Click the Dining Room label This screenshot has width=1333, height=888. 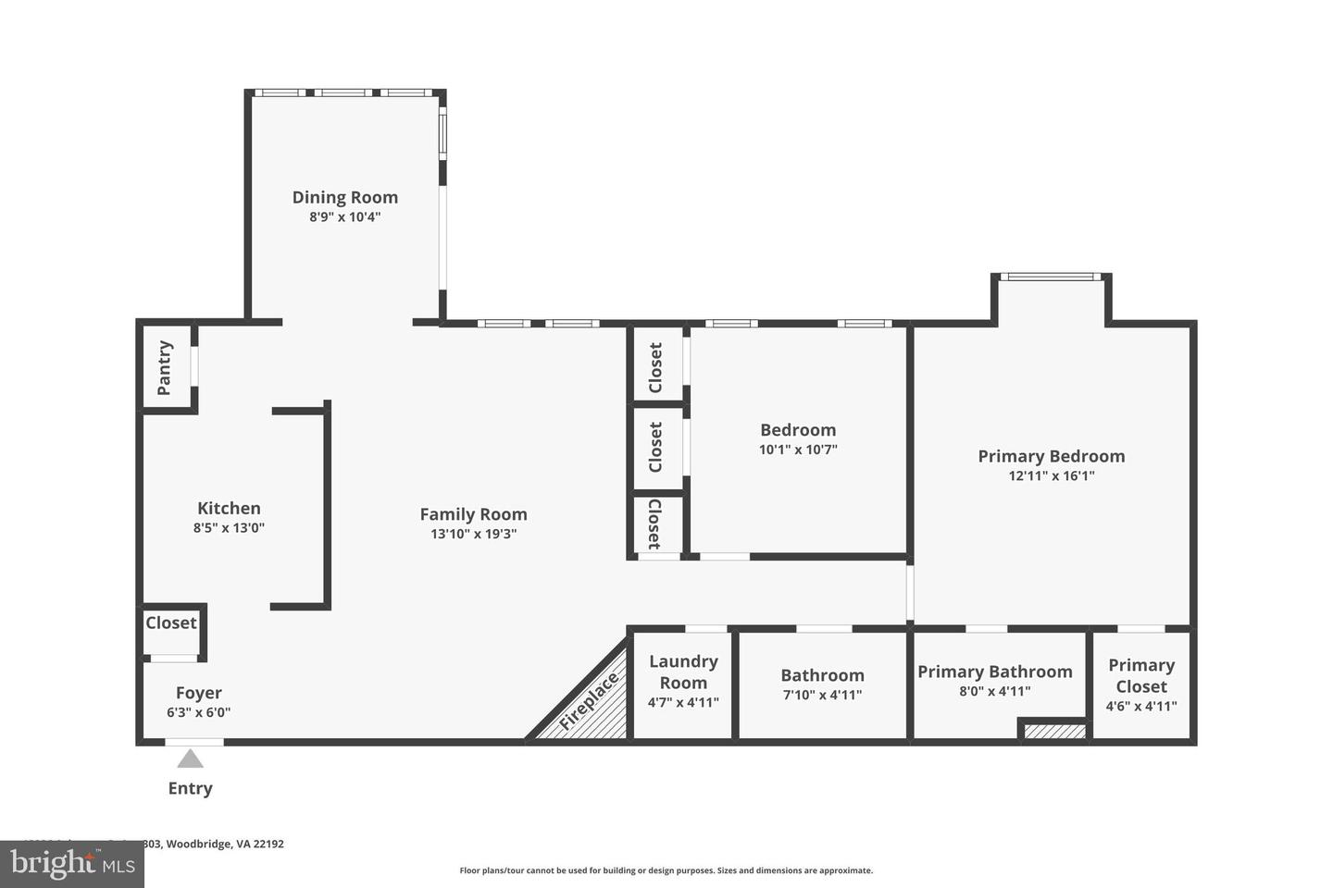pyautogui.click(x=344, y=197)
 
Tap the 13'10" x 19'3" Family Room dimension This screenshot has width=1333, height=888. pyautogui.click(x=473, y=534)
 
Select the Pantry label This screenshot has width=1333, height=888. pyautogui.click(x=165, y=367)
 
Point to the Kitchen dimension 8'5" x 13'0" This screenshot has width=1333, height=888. pyautogui.click(x=229, y=528)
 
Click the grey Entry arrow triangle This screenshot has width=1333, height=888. pyautogui.click(x=190, y=759)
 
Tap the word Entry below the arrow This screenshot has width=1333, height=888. pyautogui.click(x=190, y=788)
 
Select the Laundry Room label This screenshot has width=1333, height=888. pyautogui.click(x=683, y=672)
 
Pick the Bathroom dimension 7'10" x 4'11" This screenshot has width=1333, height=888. pyautogui.click(x=822, y=695)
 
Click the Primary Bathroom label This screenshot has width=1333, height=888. pyautogui.click(x=994, y=672)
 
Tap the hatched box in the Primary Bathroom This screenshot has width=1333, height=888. pyautogui.click(x=1053, y=732)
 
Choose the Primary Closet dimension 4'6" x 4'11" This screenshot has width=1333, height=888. pyautogui.click(x=1141, y=707)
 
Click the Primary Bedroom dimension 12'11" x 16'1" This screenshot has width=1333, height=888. pyautogui.click(x=1051, y=476)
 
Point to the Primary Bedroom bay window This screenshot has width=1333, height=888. pyautogui.click(x=1051, y=277)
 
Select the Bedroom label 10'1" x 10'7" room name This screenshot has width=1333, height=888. pyautogui.click(x=798, y=430)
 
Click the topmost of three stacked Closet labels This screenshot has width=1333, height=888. pyautogui.click(x=656, y=367)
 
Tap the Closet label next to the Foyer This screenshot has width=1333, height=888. pyautogui.click(x=171, y=623)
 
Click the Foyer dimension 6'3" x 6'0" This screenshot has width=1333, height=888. pyautogui.click(x=198, y=712)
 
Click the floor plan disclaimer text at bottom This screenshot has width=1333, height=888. pyautogui.click(x=666, y=870)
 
